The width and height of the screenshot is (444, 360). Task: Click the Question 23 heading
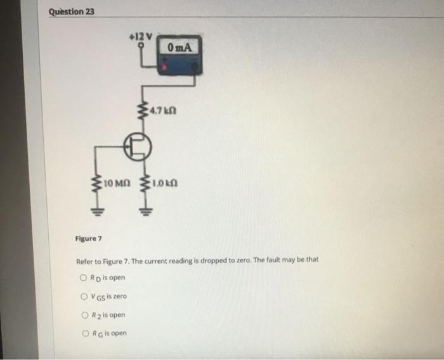(71, 12)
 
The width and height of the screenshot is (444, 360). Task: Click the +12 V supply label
(141, 37)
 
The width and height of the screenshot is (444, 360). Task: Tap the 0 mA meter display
(180, 48)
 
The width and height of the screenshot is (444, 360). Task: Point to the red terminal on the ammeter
(164, 67)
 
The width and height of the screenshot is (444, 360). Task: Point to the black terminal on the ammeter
(195, 67)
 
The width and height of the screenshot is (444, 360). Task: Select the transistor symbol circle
(138, 146)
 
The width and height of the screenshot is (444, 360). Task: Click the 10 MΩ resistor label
(117, 183)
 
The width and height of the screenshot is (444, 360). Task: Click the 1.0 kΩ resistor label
(165, 183)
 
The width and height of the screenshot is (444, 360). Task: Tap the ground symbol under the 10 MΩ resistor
(98, 212)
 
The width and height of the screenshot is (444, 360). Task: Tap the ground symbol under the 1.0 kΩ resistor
(145, 212)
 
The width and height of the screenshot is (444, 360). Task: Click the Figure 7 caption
(88, 238)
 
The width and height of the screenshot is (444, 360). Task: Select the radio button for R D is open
(83, 278)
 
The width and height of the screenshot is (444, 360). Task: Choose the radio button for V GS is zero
(84, 297)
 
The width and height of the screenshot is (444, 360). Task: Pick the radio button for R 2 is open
(85, 315)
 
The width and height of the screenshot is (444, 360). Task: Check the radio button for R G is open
(86, 333)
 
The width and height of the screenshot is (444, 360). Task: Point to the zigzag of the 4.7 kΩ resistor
(143, 110)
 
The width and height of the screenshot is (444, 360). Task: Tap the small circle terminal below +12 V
(141, 45)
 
